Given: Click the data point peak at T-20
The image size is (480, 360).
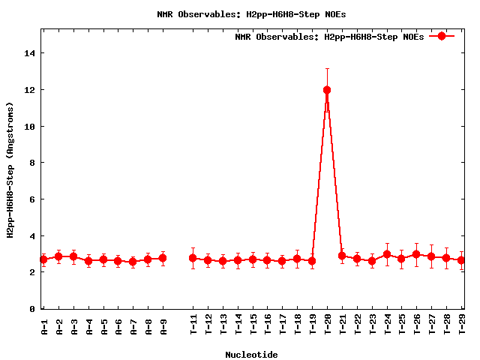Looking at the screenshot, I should click(x=327, y=90).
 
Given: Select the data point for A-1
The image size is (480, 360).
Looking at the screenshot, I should click(x=43, y=259).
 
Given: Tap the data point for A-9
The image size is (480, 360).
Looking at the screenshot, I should click(x=163, y=258).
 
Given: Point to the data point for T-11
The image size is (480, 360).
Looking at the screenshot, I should click(x=193, y=258).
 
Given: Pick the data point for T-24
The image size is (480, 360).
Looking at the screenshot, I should click(x=387, y=254).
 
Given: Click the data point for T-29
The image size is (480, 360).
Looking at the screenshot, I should click(x=461, y=260).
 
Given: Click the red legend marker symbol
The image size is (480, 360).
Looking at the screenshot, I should click(x=442, y=36).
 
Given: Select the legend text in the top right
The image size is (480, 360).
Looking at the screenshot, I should click(x=329, y=36).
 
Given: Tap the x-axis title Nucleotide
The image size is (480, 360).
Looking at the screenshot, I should click(x=251, y=354).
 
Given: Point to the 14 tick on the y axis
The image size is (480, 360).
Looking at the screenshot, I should click(x=30, y=53).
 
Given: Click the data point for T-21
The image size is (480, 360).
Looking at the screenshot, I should click(x=342, y=256).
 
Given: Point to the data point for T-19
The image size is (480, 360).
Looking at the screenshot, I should click(x=312, y=261).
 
